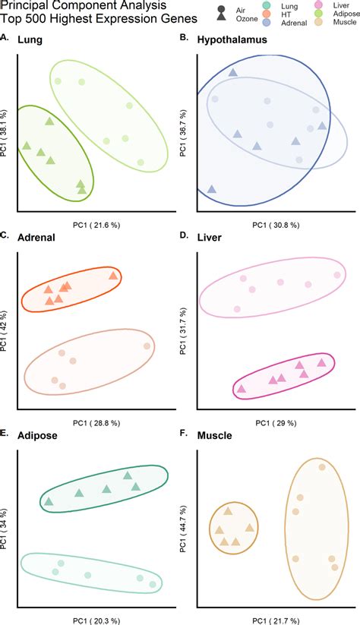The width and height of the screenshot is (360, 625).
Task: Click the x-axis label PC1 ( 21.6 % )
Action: pos(96,226)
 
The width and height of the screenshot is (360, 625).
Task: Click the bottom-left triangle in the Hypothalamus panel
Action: pos(211,189)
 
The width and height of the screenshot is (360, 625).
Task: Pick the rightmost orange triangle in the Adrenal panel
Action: pos(113,276)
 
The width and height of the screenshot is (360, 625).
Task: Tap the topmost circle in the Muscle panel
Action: pos(322,467)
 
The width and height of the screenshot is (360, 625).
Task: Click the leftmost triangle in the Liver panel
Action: pos(242,389)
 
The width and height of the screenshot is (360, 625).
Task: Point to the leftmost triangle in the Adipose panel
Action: pos(49,501)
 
